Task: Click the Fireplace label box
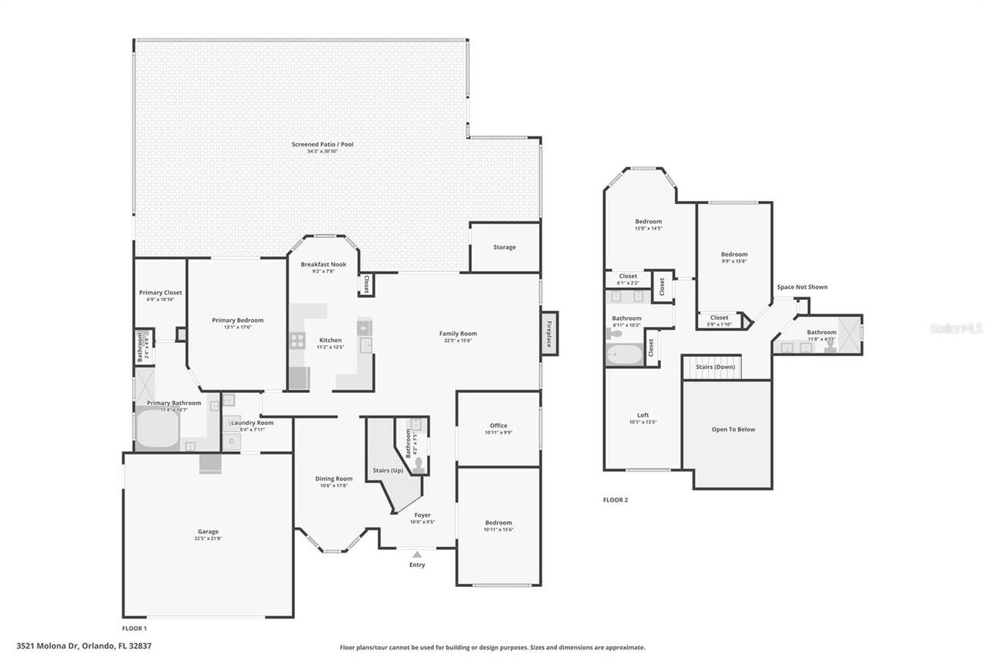click(549, 334)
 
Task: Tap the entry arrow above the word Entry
click(417, 553)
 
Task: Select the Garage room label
click(208, 531)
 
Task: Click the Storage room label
click(505, 247)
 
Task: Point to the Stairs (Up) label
click(387, 470)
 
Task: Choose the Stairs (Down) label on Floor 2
click(715, 367)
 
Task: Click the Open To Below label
click(733, 429)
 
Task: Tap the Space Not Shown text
click(802, 287)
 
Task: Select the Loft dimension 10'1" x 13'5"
click(643, 422)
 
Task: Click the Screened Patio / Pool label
click(322, 144)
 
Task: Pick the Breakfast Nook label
click(323, 264)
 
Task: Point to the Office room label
click(499, 425)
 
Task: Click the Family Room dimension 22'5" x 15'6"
click(458, 340)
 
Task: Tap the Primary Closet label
click(160, 293)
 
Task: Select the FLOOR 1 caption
click(135, 629)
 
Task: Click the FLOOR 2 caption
click(616, 500)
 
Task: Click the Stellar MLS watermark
click(956, 328)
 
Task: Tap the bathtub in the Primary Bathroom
click(157, 428)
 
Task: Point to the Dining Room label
click(334, 478)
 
